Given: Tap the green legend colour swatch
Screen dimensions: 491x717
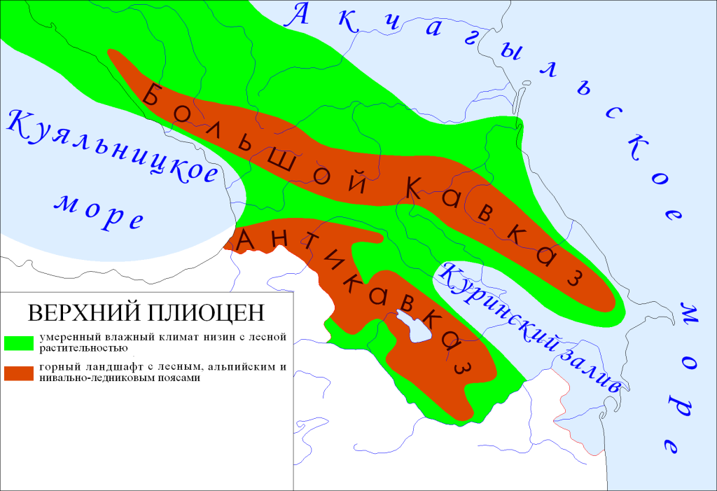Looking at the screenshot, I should (20, 342).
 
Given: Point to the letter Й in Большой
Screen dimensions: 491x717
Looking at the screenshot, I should (357, 181).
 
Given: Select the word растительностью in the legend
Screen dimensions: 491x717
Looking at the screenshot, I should (82, 347).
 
